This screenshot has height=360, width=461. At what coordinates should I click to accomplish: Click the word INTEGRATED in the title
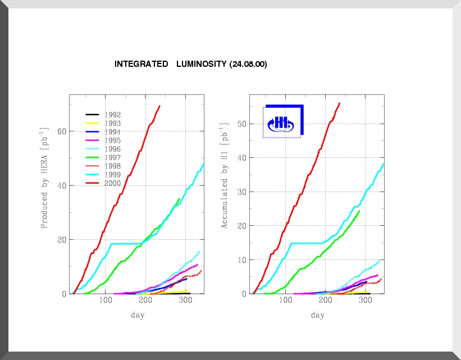pyautogui.click(x=140, y=65)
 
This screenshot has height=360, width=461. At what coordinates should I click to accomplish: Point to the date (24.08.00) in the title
pyautogui.click(x=248, y=65)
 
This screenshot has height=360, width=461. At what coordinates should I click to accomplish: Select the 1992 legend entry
pyautogui.click(x=113, y=115)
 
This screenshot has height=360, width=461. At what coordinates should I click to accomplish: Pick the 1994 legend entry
pyautogui.click(x=113, y=132)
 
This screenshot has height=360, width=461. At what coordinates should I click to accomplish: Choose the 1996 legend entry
pyautogui.click(x=113, y=149)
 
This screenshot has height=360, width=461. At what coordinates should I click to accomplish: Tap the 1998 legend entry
pyautogui.click(x=113, y=166)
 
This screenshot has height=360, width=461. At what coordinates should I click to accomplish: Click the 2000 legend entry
pyautogui.click(x=113, y=183)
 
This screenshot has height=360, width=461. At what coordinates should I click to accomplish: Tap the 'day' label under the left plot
pyautogui.click(x=138, y=315)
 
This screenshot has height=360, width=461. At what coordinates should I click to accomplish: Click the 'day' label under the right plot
pyautogui.click(x=318, y=315)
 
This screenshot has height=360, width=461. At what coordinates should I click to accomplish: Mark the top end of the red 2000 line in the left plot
pyautogui.click(x=160, y=106)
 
